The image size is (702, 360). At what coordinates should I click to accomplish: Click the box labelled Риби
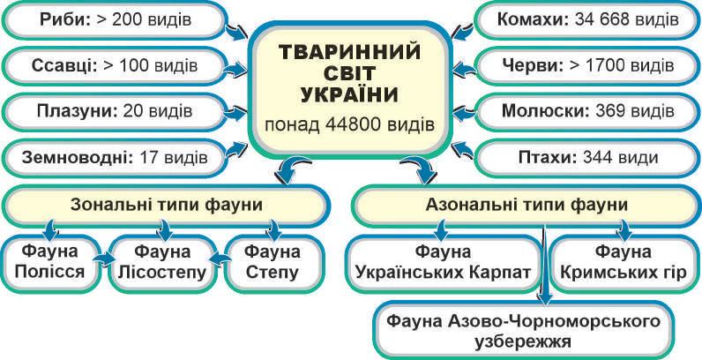[x=115, y=20]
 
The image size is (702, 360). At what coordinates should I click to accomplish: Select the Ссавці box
[x=115, y=66]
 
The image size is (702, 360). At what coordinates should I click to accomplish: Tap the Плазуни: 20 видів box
[x=115, y=112]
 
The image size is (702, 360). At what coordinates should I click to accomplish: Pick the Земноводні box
[x=115, y=158]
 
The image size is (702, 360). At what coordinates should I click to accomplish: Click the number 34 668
[x=605, y=20]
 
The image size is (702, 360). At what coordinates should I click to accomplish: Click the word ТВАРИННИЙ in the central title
[x=350, y=52]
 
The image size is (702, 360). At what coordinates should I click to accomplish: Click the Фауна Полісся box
[x=49, y=262]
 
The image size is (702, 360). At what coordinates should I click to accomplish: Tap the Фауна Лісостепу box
[x=164, y=262]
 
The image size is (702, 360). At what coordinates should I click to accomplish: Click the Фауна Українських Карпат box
[x=442, y=262]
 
